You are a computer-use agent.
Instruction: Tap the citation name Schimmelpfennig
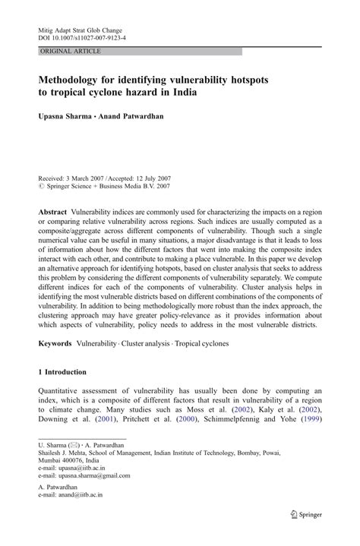(x=251, y=418)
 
